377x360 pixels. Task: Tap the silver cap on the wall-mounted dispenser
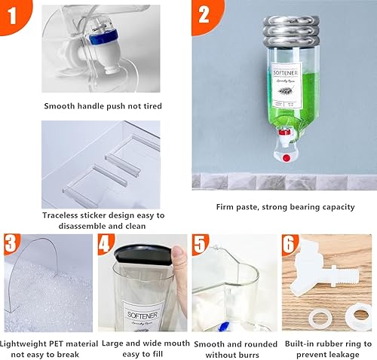[x=283, y=31]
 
